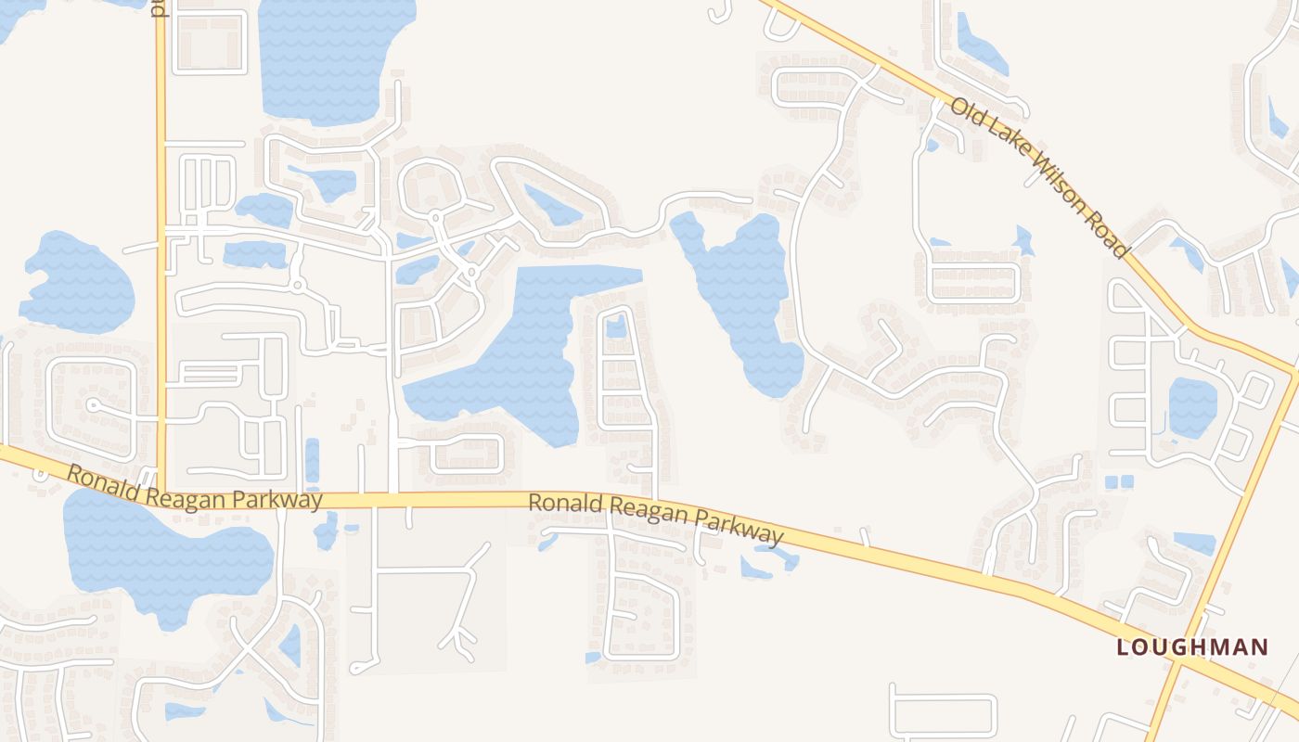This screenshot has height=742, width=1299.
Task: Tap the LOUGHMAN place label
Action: pyautogui.click(x=1191, y=646)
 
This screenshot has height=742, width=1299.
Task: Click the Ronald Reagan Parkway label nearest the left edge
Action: pyautogui.click(x=194, y=488)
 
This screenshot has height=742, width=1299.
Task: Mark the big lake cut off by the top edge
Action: pyautogui.click(x=334, y=56)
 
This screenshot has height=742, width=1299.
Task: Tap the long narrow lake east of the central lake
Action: pyautogui.click(x=742, y=297)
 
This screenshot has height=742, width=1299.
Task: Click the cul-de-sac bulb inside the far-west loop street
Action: pyautogui.click(x=92, y=404)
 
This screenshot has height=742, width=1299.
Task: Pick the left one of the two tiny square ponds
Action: pyautogui.click(x=1112, y=481)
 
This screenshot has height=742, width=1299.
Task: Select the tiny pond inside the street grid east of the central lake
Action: pyautogui.click(x=616, y=326)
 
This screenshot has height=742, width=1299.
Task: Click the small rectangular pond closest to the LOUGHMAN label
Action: pyautogui.click(x=1194, y=543)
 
